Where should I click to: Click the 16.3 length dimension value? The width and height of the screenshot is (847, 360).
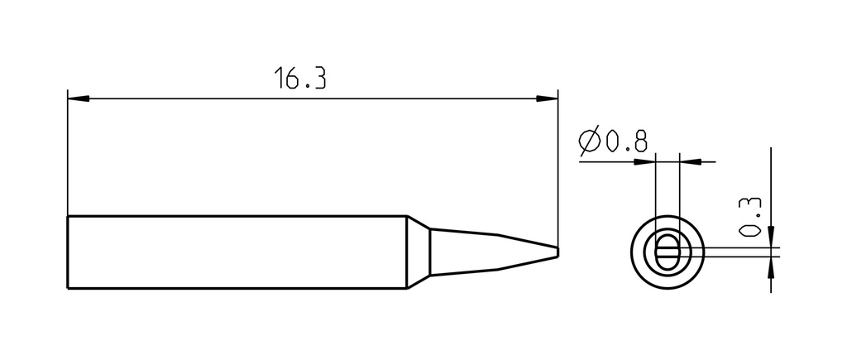click(x=299, y=78)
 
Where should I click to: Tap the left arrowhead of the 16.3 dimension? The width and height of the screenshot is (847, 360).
click(x=79, y=99)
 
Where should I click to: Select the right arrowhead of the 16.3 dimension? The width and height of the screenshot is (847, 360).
click(x=547, y=99)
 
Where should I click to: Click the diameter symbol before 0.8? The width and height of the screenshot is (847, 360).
click(x=589, y=141)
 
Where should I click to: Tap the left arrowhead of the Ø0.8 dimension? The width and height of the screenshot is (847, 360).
click(x=644, y=161)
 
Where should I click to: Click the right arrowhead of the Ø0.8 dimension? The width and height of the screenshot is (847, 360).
click(x=691, y=161)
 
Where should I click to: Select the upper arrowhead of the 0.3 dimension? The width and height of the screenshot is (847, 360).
click(x=771, y=237)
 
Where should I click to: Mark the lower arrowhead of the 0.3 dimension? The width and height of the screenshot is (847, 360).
click(x=771, y=266)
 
